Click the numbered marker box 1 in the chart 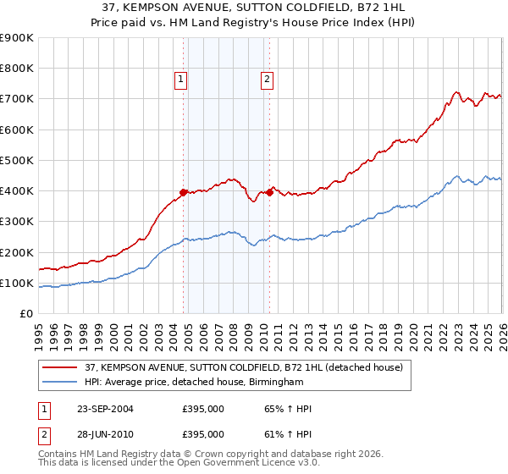[x=181, y=80]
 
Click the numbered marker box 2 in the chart [x=267, y=80]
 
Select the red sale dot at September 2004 [x=184, y=192]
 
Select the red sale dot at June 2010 [x=270, y=192]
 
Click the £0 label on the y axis [x=25, y=314]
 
